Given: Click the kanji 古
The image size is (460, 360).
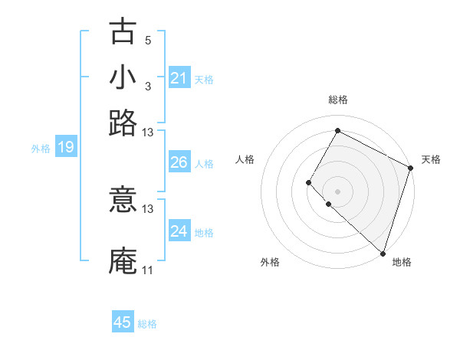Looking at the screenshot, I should click(123, 31).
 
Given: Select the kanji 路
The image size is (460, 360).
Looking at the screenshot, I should click(123, 123).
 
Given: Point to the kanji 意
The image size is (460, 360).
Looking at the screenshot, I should click(123, 201).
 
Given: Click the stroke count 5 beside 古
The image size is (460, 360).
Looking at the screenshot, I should click(148, 40).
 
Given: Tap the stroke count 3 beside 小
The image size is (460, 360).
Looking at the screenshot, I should click(148, 86).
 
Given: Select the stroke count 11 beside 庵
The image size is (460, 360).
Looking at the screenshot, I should click(147, 270).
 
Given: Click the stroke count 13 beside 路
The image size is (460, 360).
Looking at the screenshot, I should click(148, 132).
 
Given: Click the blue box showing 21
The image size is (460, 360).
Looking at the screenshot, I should click(179, 78).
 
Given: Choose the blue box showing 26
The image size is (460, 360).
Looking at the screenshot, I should click(179, 162).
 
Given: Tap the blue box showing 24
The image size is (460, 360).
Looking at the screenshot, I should click(179, 231).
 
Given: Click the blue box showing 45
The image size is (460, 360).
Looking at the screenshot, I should click(123, 322).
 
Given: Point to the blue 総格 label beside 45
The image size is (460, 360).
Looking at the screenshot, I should click(147, 324).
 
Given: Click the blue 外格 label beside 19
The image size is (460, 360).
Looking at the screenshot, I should click(41, 149).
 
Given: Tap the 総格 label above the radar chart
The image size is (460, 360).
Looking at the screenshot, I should click(337, 100).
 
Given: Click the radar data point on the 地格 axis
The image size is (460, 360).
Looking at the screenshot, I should click(383, 254).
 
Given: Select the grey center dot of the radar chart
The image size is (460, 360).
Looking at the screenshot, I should click(337, 191).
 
